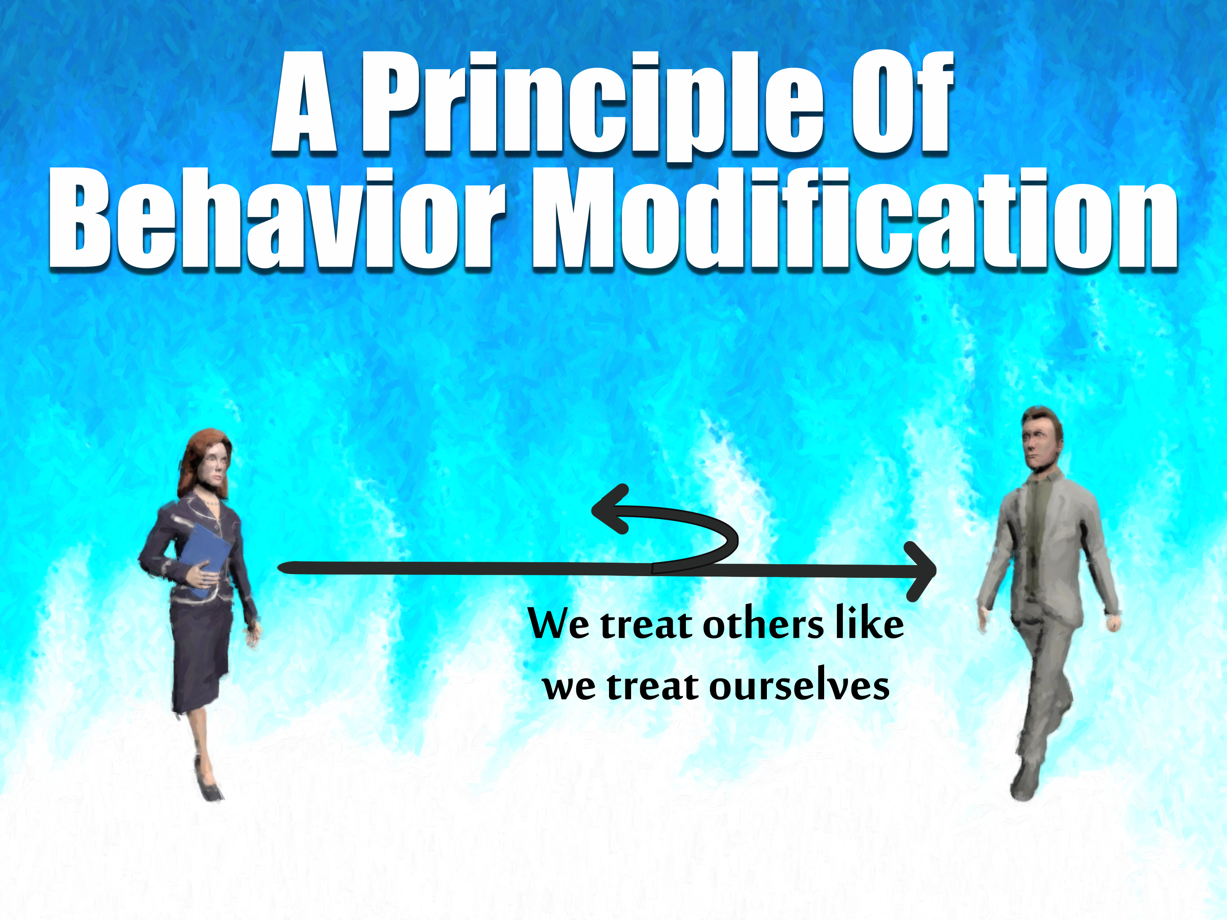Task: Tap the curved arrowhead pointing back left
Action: point(610,509)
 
